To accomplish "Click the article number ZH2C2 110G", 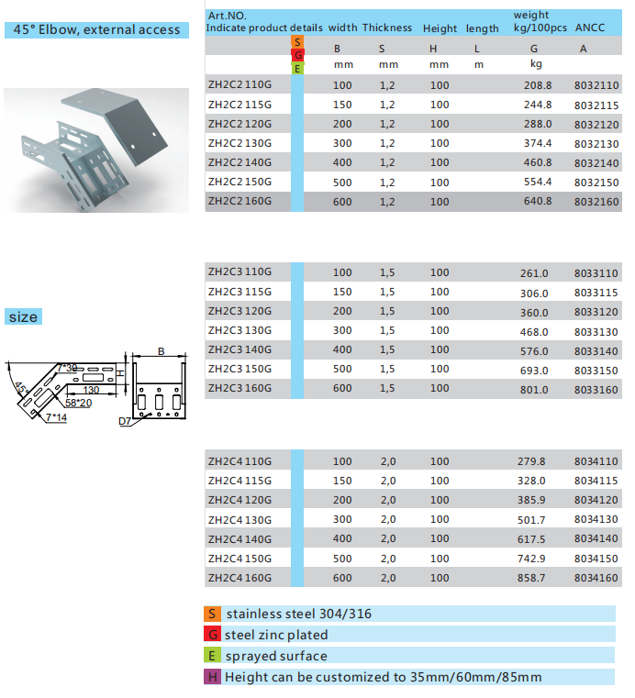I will pyautogui.click(x=240, y=85).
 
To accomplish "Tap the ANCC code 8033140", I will pyautogui.click(x=596, y=350).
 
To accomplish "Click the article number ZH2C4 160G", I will pyautogui.click(x=240, y=578).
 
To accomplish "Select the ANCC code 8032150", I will pyautogui.click(x=596, y=183).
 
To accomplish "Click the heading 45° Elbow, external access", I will pyautogui.click(x=96, y=29).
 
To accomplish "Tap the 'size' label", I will pyautogui.click(x=23, y=317).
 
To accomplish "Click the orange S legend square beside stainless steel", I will pyautogui.click(x=212, y=614).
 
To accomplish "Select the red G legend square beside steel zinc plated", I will pyautogui.click(x=212, y=635).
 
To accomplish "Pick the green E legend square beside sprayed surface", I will pyautogui.click(x=212, y=656).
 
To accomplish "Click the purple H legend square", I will pyautogui.click(x=212, y=677).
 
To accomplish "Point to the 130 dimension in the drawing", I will pyautogui.click(x=90, y=390).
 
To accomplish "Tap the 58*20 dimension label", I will pyautogui.click(x=78, y=402).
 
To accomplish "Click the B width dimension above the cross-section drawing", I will pyautogui.click(x=160, y=351).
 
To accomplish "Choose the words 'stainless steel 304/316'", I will pyautogui.click(x=299, y=614).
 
